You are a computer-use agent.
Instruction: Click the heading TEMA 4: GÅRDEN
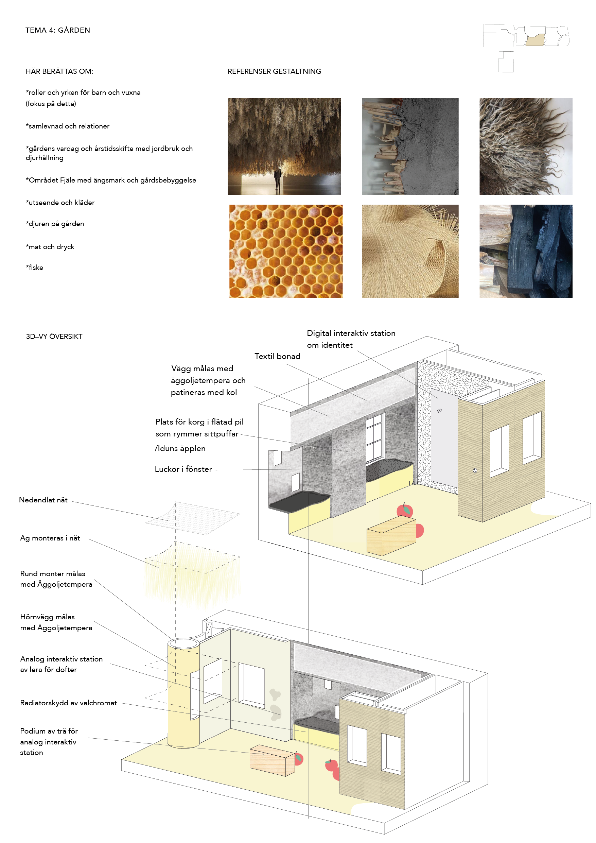tap(58, 30)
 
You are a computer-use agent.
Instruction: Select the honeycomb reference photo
tap(285, 251)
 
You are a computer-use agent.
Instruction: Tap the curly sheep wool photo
tap(526, 146)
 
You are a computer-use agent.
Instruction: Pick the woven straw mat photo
tap(410, 251)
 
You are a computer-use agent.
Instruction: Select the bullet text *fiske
tap(35, 268)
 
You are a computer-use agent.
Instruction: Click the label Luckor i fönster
tap(183, 469)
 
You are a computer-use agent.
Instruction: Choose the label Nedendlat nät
tap(43, 500)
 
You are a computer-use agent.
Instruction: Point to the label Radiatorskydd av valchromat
tap(69, 703)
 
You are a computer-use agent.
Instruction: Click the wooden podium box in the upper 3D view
tap(391, 536)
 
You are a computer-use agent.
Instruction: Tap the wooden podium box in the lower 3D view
tap(272, 760)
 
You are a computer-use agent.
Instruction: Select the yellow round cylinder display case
tap(183, 694)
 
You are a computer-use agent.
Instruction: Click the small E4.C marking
tap(414, 483)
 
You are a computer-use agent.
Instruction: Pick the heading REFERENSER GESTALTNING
tap(274, 71)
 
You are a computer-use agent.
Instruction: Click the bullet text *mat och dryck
tap(50, 247)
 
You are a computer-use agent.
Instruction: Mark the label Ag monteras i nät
tap(50, 538)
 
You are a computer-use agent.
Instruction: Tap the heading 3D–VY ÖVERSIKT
tap(54, 337)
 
